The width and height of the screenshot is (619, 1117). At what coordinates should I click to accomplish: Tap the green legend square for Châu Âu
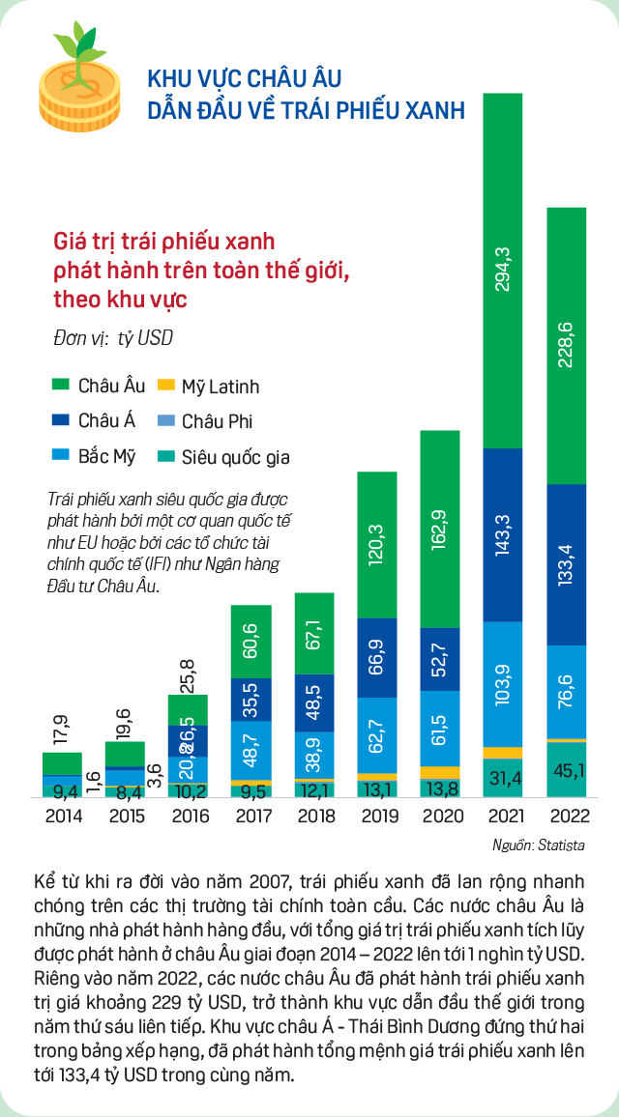tap(61, 386)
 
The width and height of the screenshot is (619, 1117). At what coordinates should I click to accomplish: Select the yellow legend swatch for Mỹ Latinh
tap(165, 386)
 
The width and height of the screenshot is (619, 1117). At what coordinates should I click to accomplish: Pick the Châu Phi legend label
tap(218, 421)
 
